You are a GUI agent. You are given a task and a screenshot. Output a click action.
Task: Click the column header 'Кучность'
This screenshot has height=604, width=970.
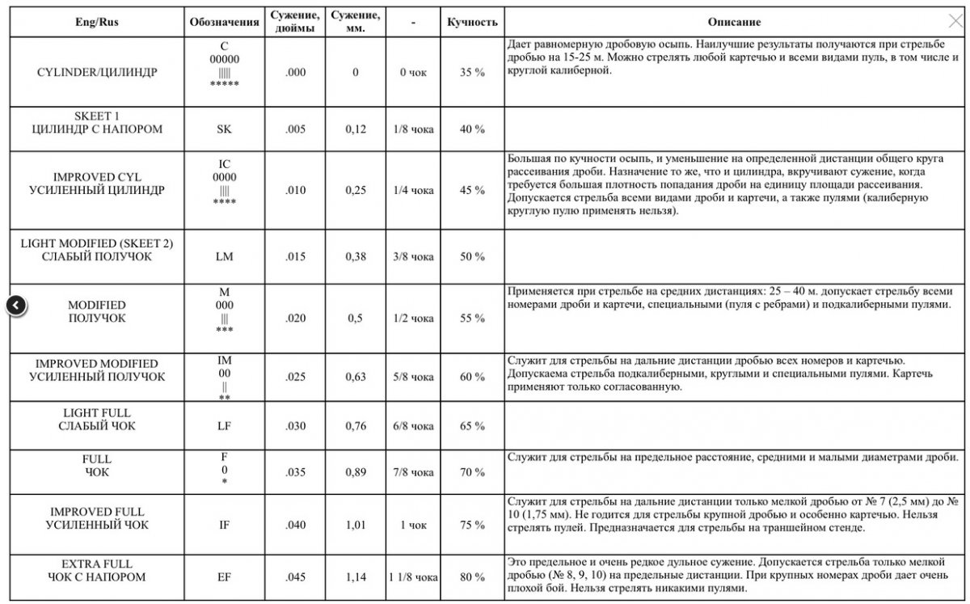(472, 23)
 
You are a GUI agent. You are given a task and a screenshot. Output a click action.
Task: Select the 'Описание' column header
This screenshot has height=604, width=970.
(734, 23)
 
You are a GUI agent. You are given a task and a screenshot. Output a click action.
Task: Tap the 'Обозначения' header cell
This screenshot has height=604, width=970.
(224, 23)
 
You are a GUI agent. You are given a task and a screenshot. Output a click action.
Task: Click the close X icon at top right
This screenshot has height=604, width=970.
(955, 22)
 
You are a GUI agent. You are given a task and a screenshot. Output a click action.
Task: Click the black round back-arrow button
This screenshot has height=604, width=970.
(17, 305)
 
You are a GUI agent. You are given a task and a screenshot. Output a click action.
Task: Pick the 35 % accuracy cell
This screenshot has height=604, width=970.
(472, 73)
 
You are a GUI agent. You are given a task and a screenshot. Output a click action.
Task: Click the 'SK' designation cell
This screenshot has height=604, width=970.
(224, 129)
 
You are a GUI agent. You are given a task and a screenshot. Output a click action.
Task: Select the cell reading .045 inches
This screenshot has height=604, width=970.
(296, 577)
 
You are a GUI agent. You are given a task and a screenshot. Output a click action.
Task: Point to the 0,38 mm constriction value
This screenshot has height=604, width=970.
(356, 256)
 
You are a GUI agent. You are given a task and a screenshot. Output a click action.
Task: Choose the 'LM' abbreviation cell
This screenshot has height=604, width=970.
(224, 256)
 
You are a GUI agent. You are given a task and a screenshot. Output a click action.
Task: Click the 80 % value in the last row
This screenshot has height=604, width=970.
(472, 577)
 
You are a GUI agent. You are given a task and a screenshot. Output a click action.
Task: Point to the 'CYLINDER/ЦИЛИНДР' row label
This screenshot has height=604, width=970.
(96, 73)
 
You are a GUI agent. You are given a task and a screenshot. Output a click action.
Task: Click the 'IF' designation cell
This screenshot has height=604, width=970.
(224, 526)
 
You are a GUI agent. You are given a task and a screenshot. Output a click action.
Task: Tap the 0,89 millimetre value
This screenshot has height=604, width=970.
(356, 472)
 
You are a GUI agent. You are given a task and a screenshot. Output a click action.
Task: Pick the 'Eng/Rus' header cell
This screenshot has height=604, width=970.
(96, 23)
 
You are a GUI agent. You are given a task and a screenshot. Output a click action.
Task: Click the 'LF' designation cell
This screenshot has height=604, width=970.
(224, 426)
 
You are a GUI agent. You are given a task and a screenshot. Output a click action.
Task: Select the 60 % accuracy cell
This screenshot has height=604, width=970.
(472, 378)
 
